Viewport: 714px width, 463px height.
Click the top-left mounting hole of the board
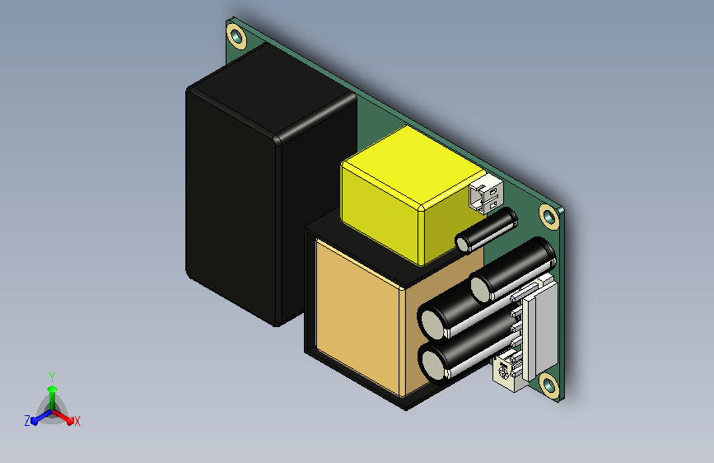(236, 36)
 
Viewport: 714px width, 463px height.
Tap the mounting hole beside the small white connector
(548, 217)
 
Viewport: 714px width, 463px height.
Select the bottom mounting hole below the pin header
(549, 386)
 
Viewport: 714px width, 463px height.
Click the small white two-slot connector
(486, 194)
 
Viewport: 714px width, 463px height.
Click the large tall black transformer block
(272, 185)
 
